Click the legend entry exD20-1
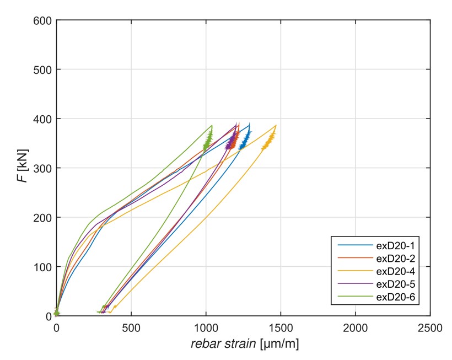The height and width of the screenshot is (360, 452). [x=391, y=245]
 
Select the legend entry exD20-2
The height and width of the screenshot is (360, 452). [x=391, y=258]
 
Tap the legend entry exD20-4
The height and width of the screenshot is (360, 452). [x=391, y=271]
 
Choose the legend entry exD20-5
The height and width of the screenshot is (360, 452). [x=391, y=284]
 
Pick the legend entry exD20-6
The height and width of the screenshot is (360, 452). [x=391, y=298]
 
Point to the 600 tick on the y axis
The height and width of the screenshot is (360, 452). [x=44, y=20]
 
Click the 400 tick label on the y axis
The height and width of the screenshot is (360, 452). [x=44, y=119]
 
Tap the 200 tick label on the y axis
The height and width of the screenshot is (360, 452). [x=44, y=218]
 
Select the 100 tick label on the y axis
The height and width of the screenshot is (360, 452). [x=44, y=267]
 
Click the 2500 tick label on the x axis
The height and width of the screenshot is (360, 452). [x=430, y=327]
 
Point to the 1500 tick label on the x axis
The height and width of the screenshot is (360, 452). [x=281, y=327]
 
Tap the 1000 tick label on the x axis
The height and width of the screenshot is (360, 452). [x=206, y=327]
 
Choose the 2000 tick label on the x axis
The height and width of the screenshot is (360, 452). [x=355, y=327]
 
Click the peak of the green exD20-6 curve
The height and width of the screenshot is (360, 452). [x=212, y=126]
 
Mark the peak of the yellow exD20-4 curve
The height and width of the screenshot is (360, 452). [x=276, y=125]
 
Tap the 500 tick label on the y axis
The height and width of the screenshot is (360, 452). [x=44, y=69]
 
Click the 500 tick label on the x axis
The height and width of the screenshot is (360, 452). [x=131, y=327]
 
